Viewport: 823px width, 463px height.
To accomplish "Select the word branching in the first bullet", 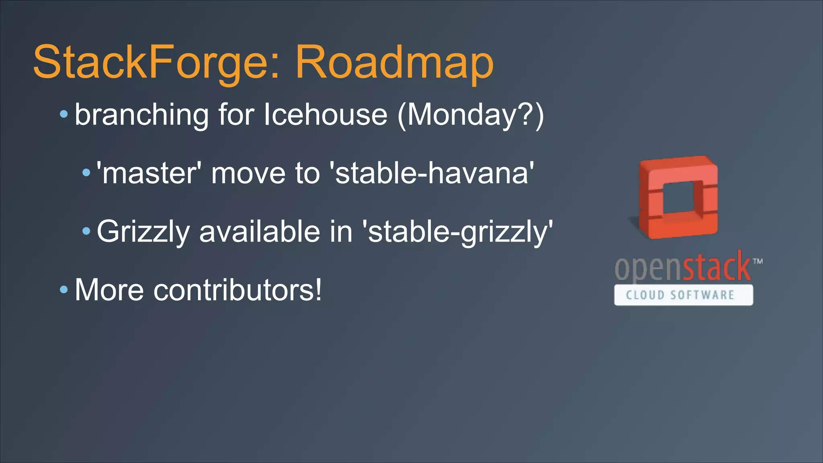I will pos(141,115).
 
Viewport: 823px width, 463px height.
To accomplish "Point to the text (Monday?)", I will pos(471,115).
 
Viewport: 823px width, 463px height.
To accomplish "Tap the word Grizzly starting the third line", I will pos(143,232).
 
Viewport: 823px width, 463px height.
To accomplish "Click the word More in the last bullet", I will pos(109,290).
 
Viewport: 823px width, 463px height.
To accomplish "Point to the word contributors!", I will pos(237,290).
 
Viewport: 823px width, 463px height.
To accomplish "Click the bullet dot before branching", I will pos(64,115).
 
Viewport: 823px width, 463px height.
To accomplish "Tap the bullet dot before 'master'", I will pos(86,173).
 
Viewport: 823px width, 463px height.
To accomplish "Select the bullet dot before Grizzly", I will pos(86,231).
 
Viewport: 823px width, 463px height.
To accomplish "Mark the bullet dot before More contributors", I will pos(64,289).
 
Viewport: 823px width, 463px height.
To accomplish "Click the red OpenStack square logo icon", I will pos(678,197).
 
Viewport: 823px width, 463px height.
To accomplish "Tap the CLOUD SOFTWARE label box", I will pos(683,295).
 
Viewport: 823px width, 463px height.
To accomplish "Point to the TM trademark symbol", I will pos(758,261).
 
